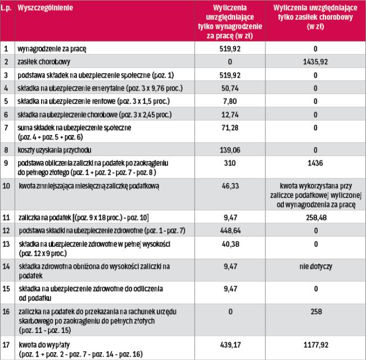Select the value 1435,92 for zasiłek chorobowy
(315, 61)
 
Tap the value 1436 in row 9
(315, 163)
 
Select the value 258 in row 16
(315, 310)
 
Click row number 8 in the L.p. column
(6, 151)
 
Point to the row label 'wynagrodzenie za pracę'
(53, 48)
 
